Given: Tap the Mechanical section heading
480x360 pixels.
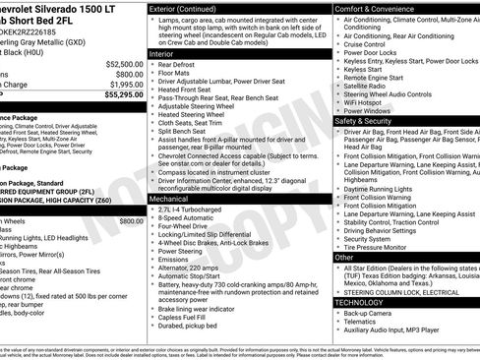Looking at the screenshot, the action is (175, 198).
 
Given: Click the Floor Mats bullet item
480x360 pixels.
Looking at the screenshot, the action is (179, 75).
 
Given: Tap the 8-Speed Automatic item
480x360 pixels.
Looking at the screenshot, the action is (192, 218).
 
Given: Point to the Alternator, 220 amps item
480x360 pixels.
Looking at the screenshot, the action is (198, 267).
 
